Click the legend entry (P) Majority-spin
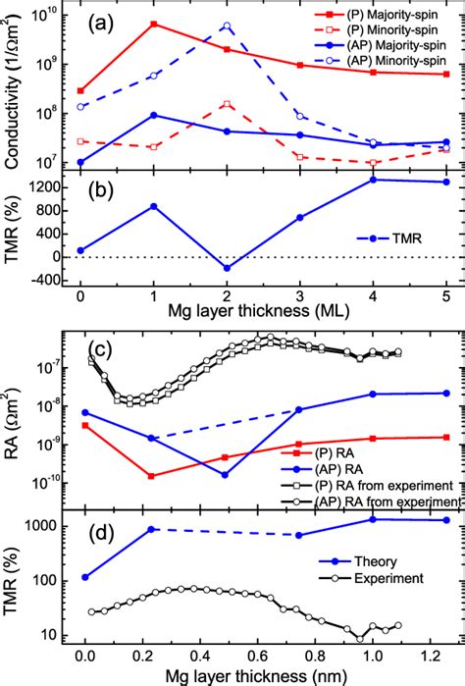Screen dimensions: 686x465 pos(383,16)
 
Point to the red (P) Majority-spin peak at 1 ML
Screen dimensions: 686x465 pos(153,24)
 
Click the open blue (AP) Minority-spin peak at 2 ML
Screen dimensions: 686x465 pos(227,26)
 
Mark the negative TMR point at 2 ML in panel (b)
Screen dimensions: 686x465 pos(227,268)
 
